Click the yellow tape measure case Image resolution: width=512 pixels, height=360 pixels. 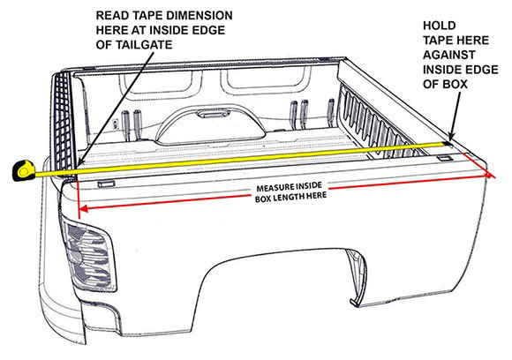[24, 170]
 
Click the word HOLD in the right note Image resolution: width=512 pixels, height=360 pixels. [440, 26]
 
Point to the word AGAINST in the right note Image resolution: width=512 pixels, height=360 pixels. [449, 55]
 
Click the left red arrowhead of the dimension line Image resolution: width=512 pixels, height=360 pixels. [83, 208]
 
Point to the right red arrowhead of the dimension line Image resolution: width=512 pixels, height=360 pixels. [491, 175]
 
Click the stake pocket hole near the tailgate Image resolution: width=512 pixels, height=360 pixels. [107, 184]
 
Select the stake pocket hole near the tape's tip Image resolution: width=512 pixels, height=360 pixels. [445, 158]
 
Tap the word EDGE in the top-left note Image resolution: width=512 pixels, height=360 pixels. [208, 30]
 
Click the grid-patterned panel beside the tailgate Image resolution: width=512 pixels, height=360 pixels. [64, 121]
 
